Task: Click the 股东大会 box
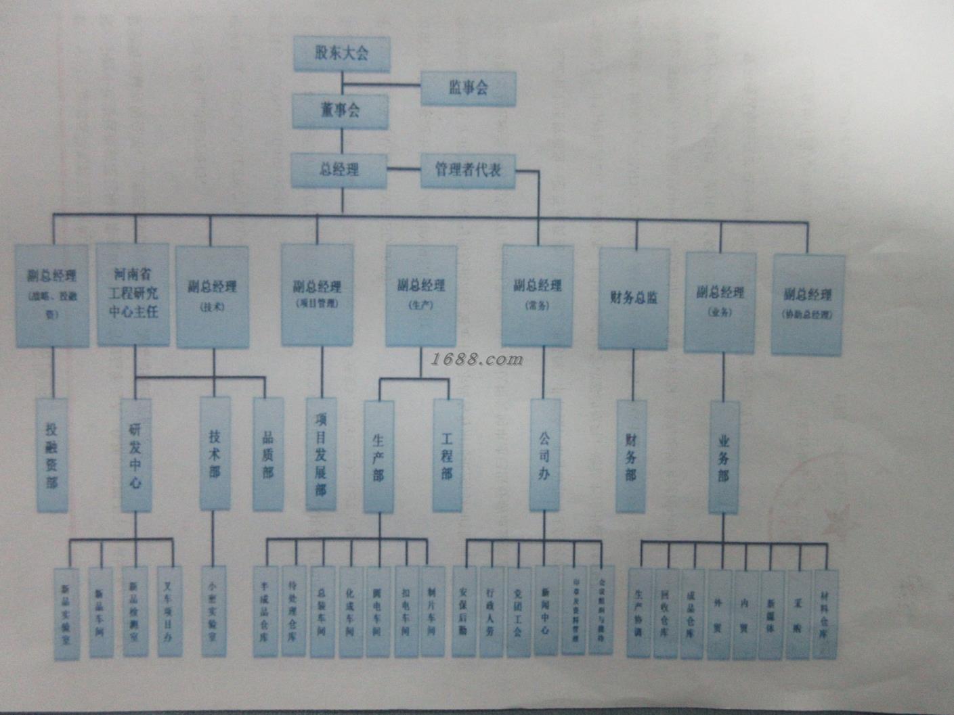[x=342, y=54]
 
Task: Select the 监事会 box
[x=468, y=88]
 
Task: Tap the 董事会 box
[x=340, y=111]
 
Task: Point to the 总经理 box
[x=339, y=170]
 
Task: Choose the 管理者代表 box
[x=468, y=170]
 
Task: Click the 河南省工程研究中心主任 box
[x=133, y=294]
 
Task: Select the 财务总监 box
[x=633, y=298]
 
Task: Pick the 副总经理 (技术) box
[x=213, y=296]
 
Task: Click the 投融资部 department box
[x=52, y=455]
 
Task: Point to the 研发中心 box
[x=135, y=455]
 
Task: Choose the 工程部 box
[x=447, y=455]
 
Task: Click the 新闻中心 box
[x=546, y=611]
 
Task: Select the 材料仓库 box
[x=825, y=614]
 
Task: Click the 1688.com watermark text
[x=477, y=359]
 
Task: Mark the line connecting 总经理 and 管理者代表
[x=404, y=169]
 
